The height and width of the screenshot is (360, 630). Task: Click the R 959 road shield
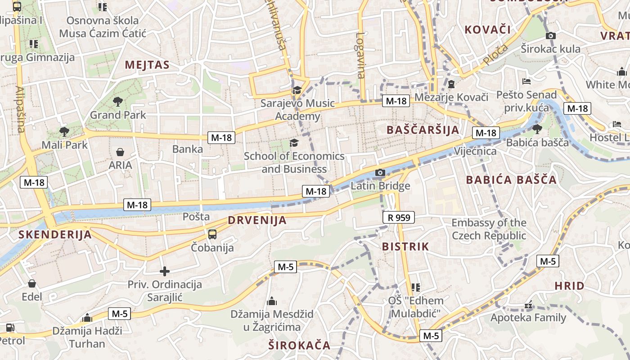point(399,218)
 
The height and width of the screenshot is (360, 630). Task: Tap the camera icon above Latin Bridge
point(380,172)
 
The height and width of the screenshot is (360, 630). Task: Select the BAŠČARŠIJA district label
point(423,130)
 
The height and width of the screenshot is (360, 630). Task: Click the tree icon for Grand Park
point(118,101)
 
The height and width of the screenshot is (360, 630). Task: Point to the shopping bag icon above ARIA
point(120,152)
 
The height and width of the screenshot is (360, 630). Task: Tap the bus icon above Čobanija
point(212,234)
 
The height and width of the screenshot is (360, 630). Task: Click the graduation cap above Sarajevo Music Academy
point(297,90)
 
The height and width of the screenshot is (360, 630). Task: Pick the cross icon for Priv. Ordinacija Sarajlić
point(165,271)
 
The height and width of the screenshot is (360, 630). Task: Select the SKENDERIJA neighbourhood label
point(55,234)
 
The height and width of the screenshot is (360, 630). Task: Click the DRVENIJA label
point(257,220)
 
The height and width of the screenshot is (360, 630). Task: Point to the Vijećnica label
point(475,151)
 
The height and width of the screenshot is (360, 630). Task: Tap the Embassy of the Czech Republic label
point(489,229)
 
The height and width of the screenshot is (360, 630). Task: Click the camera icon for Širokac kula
point(550,36)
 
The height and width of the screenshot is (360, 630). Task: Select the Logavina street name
point(360,55)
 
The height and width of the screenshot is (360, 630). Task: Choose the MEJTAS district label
point(147,65)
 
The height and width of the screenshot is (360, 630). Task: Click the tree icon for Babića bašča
point(537,129)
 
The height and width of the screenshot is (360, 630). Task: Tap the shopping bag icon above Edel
point(32,283)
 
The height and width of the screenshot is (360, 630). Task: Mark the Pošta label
point(196,216)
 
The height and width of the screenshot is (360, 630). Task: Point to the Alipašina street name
point(20,109)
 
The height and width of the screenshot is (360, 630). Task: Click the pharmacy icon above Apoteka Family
point(528,305)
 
